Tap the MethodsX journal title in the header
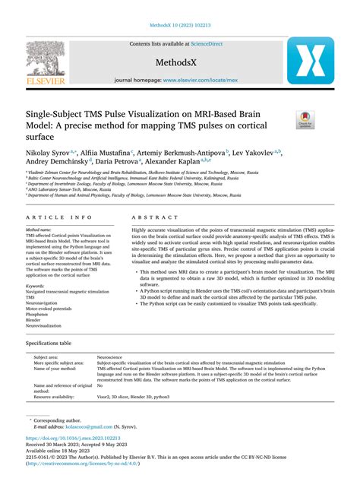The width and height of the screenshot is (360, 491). pos(180,62)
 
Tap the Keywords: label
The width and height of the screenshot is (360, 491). pos(36,285)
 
